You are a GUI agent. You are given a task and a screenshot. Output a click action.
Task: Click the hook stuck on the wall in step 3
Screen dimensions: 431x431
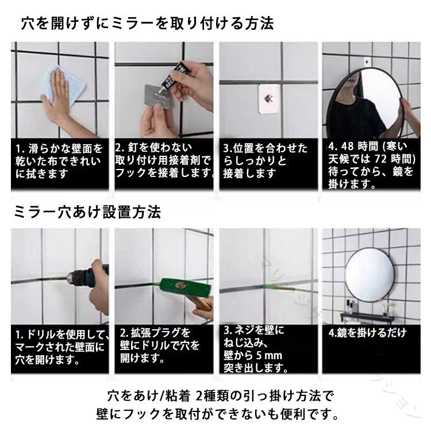point(269,98)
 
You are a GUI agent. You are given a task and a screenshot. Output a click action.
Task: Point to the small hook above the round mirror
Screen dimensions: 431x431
point(367,61)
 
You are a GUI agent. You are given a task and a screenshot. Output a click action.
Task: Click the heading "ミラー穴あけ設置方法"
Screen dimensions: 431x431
point(87,212)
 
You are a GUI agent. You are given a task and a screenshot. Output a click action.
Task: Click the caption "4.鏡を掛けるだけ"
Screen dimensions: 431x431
point(368,333)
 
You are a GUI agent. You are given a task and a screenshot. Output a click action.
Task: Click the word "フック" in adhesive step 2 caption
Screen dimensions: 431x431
point(131,173)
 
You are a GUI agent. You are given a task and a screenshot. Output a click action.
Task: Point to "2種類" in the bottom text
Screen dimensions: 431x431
point(213,396)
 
